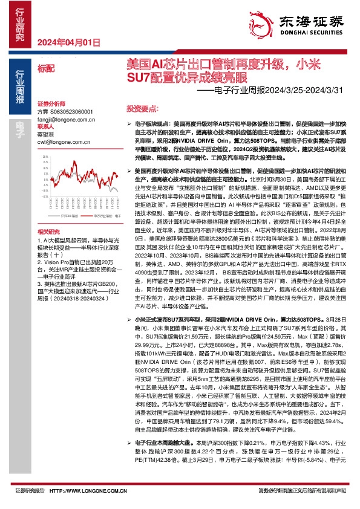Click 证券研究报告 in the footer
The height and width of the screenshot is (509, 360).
pyautogui.click(x=26, y=490)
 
